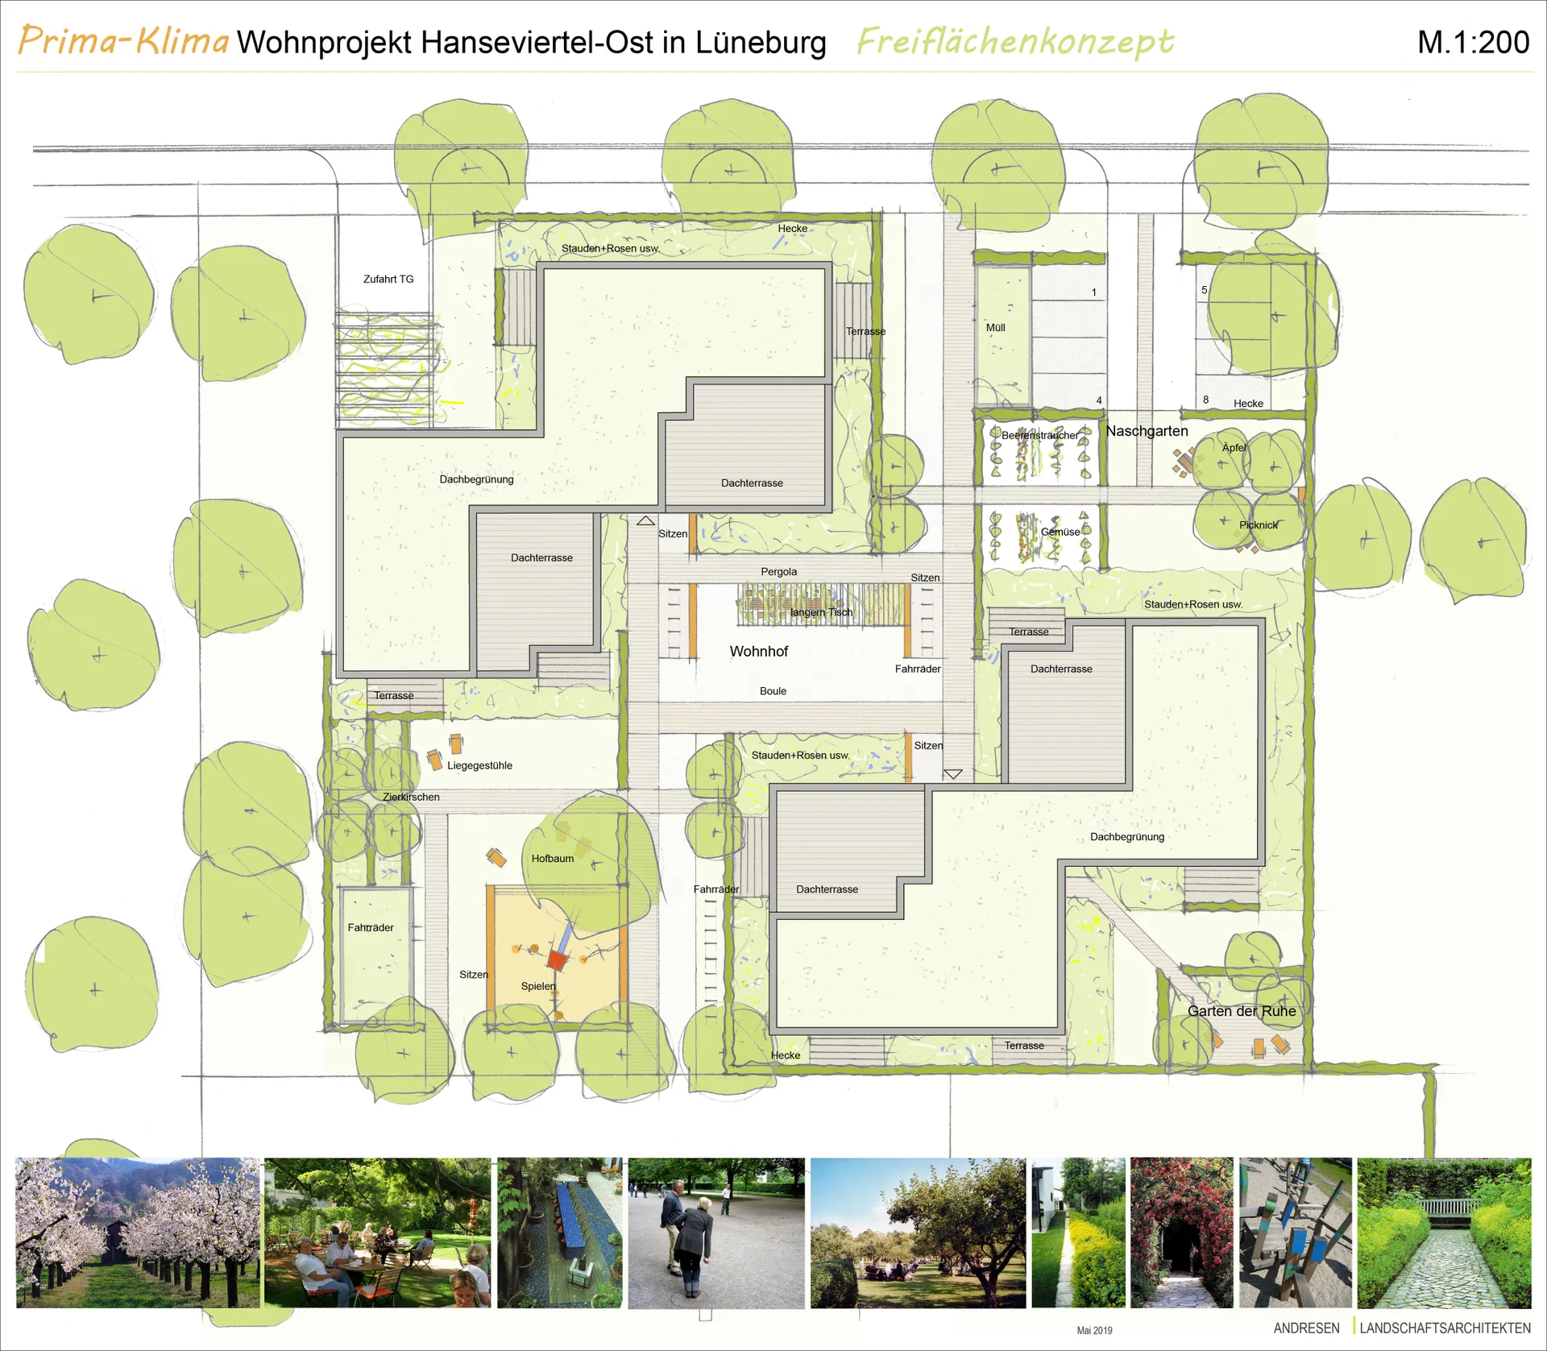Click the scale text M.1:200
(x=1473, y=43)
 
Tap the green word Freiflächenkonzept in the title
(x=1015, y=42)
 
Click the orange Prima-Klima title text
(x=123, y=40)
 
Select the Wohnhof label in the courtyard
(x=759, y=651)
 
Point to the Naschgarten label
(x=1147, y=431)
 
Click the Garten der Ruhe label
(x=1242, y=1011)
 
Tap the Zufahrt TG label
(x=388, y=279)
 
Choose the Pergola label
(x=779, y=572)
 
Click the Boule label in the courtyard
(x=773, y=691)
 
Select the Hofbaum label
(x=553, y=859)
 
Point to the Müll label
(x=996, y=328)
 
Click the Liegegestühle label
(x=479, y=765)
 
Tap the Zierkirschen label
(x=411, y=797)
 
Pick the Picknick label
(x=1259, y=525)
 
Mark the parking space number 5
(x=1205, y=290)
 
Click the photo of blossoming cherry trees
(x=138, y=1233)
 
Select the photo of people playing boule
(x=716, y=1233)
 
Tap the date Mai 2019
(x=1094, y=1330)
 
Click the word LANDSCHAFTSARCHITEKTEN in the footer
(x=1445, y=1328)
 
